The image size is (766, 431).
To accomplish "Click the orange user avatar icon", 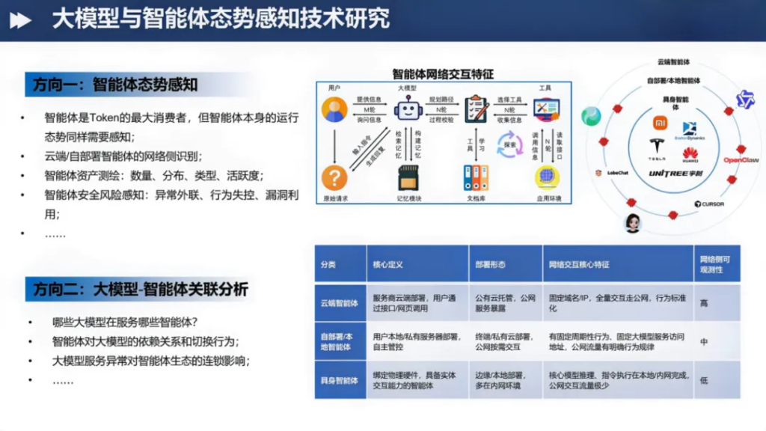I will tap(334, 110).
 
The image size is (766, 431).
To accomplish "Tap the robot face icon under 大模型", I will tap(408, 110).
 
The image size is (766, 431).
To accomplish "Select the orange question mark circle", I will tap(334, 177).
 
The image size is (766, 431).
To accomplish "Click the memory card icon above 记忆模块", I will tap(408, 178).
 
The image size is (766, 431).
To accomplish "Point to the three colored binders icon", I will tap(476, 178).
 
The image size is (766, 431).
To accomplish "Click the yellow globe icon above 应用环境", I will tap(547, 178).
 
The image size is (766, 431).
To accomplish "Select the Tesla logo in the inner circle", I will tap(657, 148).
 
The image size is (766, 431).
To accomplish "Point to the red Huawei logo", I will tap(690, 155).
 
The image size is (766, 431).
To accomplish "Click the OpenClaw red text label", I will tap(741, 160).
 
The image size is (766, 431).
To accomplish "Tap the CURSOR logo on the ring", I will tap(708, 204).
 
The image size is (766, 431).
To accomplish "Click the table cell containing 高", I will tap(704, 303).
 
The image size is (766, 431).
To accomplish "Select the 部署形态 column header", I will tap(491, 264).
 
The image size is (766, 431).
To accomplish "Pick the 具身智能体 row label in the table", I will tap(340, 380).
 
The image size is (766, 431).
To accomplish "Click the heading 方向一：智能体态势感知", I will tap(115, 85).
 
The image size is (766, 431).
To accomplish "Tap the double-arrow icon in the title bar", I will tap(20, 20).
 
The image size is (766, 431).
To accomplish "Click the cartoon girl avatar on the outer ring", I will tap(633, 222).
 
